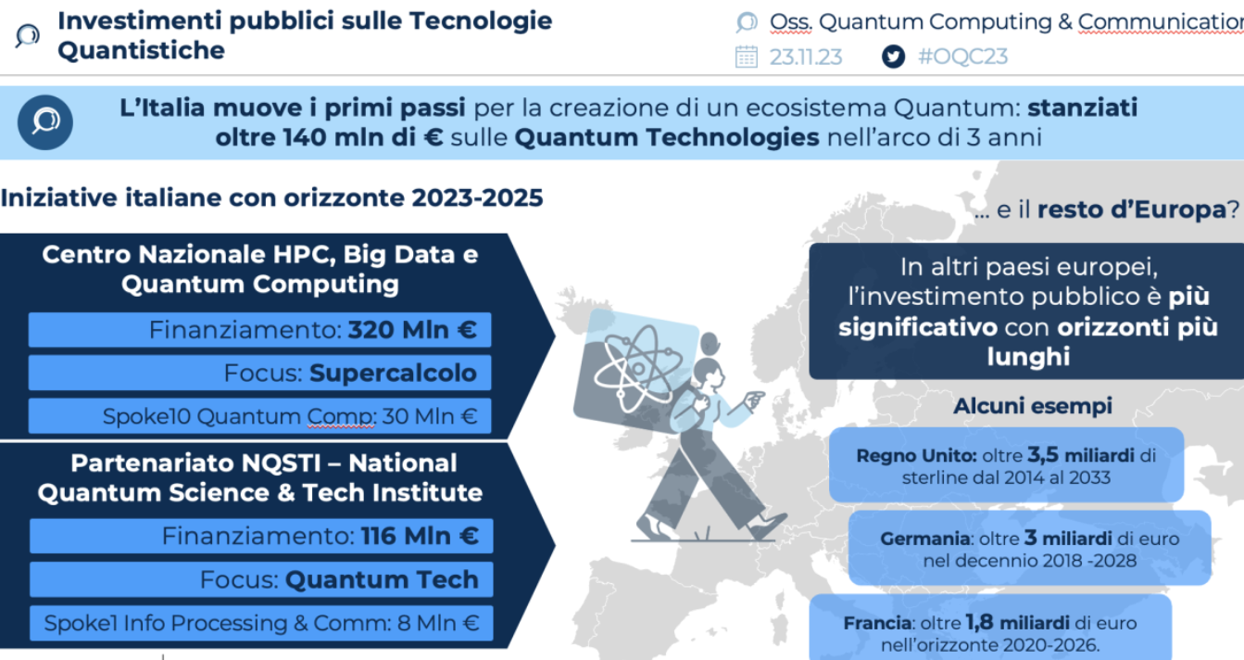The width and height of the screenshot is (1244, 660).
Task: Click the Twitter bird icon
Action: click(893, 57)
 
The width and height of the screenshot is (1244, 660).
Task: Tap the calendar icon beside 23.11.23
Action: click(746, 57)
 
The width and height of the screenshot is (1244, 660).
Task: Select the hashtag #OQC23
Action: click(962, 57)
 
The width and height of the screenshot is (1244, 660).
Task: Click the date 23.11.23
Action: click(806, 57)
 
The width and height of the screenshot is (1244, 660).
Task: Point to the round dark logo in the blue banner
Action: click(45, 122)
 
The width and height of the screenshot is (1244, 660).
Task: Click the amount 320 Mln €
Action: click(412, 330)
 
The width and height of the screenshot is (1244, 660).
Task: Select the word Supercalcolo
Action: click(393, 373)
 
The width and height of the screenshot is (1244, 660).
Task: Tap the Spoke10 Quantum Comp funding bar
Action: click(260, 415)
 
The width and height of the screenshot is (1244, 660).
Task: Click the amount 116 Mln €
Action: click(420, 536)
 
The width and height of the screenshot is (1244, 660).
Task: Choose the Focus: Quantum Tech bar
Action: click(261, 579)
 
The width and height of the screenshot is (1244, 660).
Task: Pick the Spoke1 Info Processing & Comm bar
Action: click(261, 623)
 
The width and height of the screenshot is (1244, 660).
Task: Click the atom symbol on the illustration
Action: click(638, 368)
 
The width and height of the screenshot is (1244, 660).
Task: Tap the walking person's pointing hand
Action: click(754, 399)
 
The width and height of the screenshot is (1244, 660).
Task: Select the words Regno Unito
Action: click(916, 456)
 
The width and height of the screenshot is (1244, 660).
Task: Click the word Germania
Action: click(925, 539)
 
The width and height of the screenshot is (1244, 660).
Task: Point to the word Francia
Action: click(877, 623)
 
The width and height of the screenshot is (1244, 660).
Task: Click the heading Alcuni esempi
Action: click(1033, 406)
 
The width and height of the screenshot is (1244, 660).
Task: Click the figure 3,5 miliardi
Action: click(1081, 455)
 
